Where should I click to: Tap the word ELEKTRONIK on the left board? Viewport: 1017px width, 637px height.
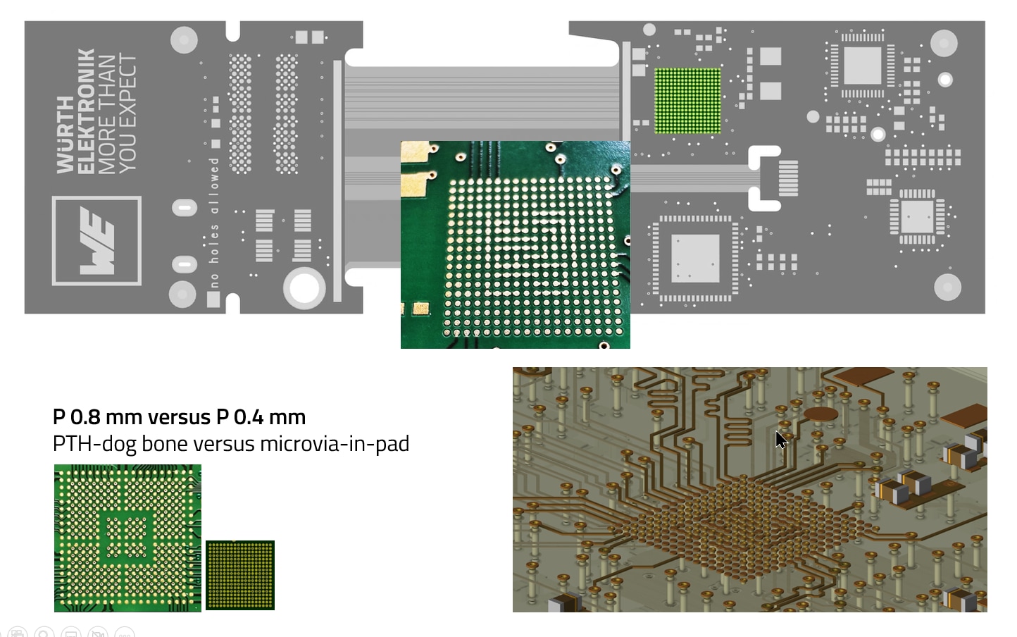pos(85,111)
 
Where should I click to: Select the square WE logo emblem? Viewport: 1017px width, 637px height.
pos(96,241)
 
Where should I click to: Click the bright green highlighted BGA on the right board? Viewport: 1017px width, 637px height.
pos(687,101)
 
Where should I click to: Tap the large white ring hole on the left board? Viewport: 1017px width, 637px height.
pos(304,287)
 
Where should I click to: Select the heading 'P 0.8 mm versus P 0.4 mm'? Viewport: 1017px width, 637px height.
pos(179,417)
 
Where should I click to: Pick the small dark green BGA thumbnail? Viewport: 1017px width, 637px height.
pos(239,575)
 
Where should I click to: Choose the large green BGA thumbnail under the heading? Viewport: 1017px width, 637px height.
pos(127,538)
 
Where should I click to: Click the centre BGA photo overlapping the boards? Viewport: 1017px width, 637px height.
pos(515,245)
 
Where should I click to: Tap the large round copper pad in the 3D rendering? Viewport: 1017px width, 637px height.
pos(821,414)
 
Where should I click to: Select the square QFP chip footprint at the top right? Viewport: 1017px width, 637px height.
pos(862,66)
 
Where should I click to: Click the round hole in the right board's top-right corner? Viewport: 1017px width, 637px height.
pos(944,44)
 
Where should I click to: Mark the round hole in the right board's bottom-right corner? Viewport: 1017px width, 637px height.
pos(947,287)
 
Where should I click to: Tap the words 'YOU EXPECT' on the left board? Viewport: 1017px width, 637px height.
pos(127,113)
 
